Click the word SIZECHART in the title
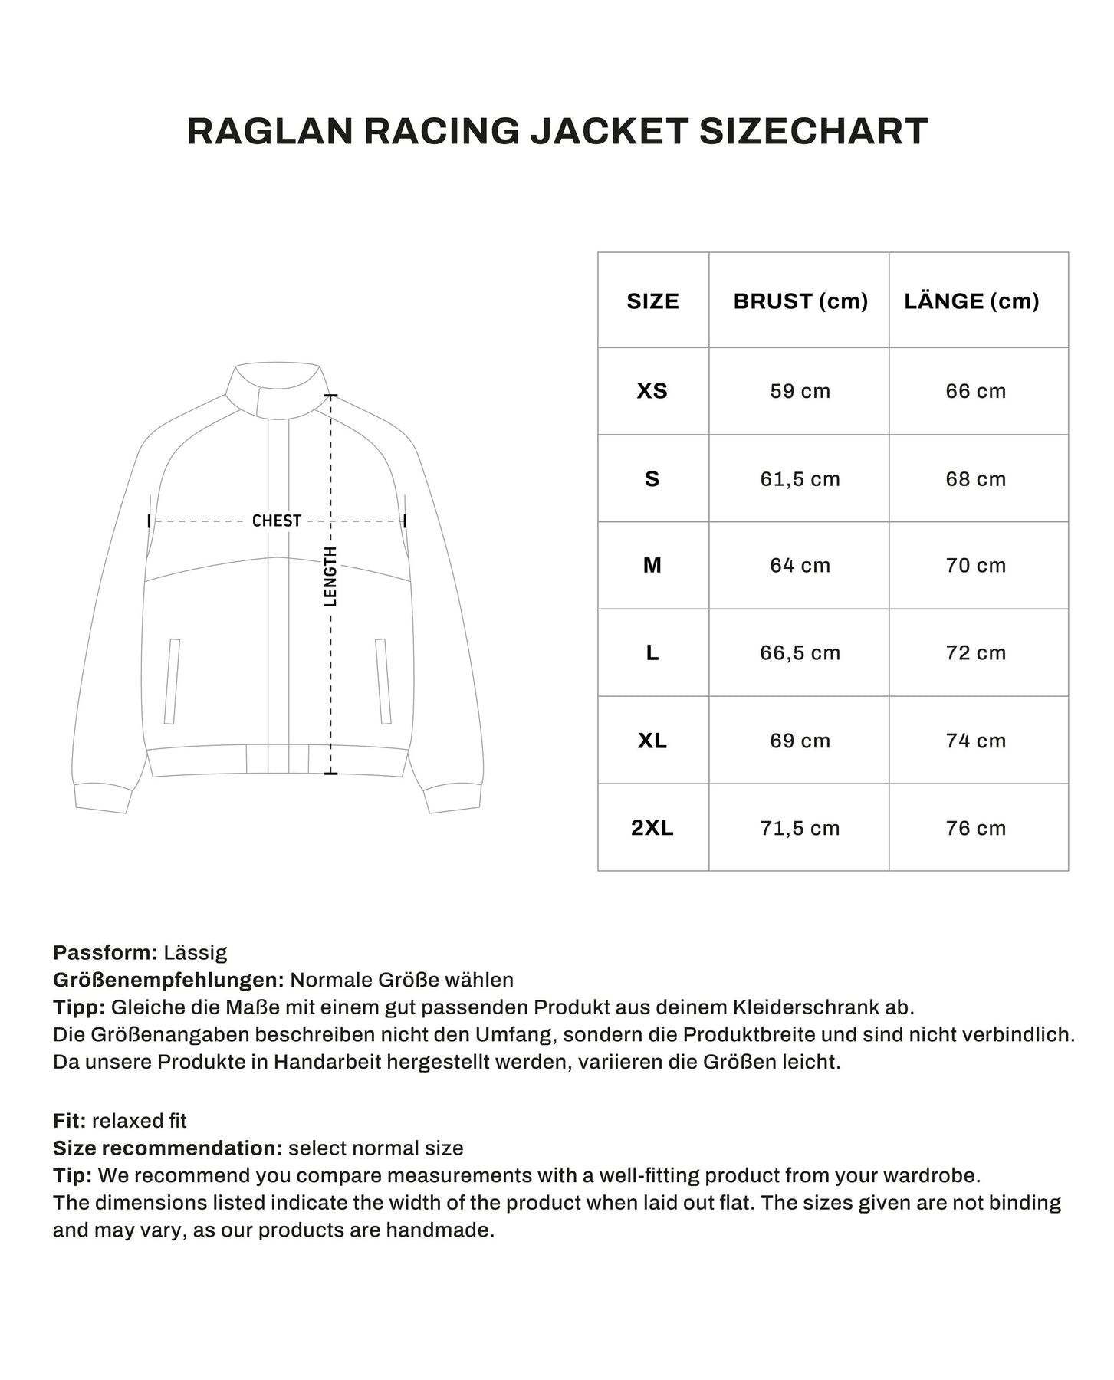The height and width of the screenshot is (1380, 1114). [813, 131]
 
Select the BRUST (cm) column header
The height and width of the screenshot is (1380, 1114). [800, 301]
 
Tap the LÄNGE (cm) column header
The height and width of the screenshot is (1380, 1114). [971, 301]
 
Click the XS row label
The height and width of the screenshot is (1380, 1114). [652, 391]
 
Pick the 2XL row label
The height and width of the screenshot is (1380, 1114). [652, 828]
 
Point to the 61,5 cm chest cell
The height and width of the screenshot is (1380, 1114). [800, 479]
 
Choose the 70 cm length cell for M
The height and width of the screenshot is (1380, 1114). [975, 566]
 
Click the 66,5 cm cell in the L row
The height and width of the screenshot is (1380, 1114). [800, 653]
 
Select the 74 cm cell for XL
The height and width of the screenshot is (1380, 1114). [975, 741]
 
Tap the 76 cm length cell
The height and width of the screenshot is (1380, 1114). [975, 828]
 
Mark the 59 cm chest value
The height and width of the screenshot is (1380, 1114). [800, 391]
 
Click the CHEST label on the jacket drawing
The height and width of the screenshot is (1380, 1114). [277, 521]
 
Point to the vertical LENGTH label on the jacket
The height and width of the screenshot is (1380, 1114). [330, 577]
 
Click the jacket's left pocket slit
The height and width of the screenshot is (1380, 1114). [172, 682]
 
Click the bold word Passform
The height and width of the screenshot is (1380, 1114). [105, 953]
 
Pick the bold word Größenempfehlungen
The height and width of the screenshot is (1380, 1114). [169, 981]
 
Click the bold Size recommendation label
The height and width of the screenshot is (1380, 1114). [169, 1148]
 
